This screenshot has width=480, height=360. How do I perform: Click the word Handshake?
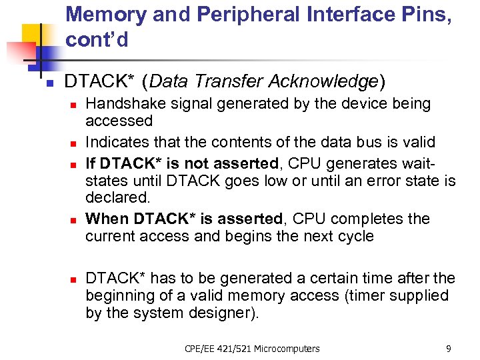point(125,104)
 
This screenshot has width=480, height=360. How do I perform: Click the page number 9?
point(448,348)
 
